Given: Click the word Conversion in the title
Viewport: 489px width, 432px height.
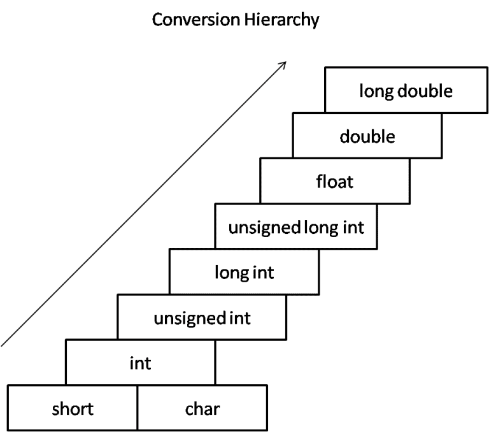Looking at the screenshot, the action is [195, 19].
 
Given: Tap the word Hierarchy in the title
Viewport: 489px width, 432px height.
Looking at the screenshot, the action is [281, 20].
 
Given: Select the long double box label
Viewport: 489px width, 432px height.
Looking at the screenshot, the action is [406, 91].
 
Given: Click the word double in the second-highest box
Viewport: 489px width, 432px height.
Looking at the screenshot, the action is [367, 136].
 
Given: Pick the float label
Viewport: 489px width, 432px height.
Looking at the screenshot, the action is [335, 182].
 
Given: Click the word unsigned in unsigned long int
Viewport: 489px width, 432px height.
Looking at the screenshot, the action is [264, 228].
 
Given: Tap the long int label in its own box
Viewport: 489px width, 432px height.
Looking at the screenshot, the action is [244, 273].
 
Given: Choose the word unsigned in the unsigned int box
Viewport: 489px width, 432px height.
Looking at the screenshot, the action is [190, 319].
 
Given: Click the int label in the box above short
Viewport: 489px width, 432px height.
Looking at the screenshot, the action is [140, 363].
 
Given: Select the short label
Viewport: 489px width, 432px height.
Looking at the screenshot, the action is [73, 408].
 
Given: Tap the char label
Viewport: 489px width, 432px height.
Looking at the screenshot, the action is [202, 408].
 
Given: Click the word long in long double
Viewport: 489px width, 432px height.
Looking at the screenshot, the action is [377, 92].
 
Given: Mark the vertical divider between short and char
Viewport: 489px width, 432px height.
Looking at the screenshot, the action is [138, 408].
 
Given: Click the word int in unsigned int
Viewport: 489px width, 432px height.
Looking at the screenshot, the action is [240, 318].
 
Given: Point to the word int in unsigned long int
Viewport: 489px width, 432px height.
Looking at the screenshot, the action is [353, 227].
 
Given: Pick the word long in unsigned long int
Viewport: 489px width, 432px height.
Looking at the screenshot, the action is [322, 228].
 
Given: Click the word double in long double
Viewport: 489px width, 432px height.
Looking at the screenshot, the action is [425, 91].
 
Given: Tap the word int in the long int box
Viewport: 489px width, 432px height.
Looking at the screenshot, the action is [264, 273].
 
